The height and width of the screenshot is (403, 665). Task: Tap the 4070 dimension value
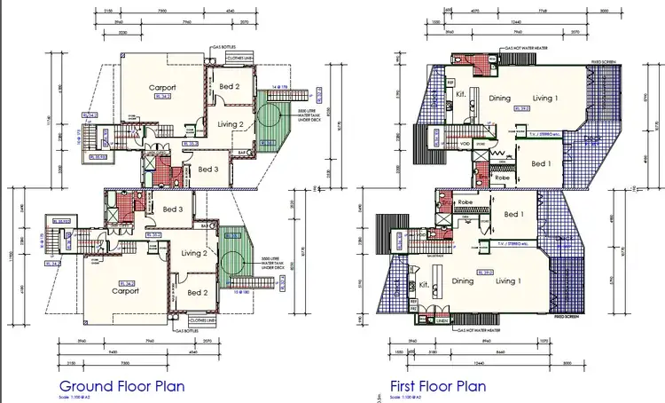click(475, 11)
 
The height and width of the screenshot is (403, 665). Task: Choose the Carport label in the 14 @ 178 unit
click(162, 88)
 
